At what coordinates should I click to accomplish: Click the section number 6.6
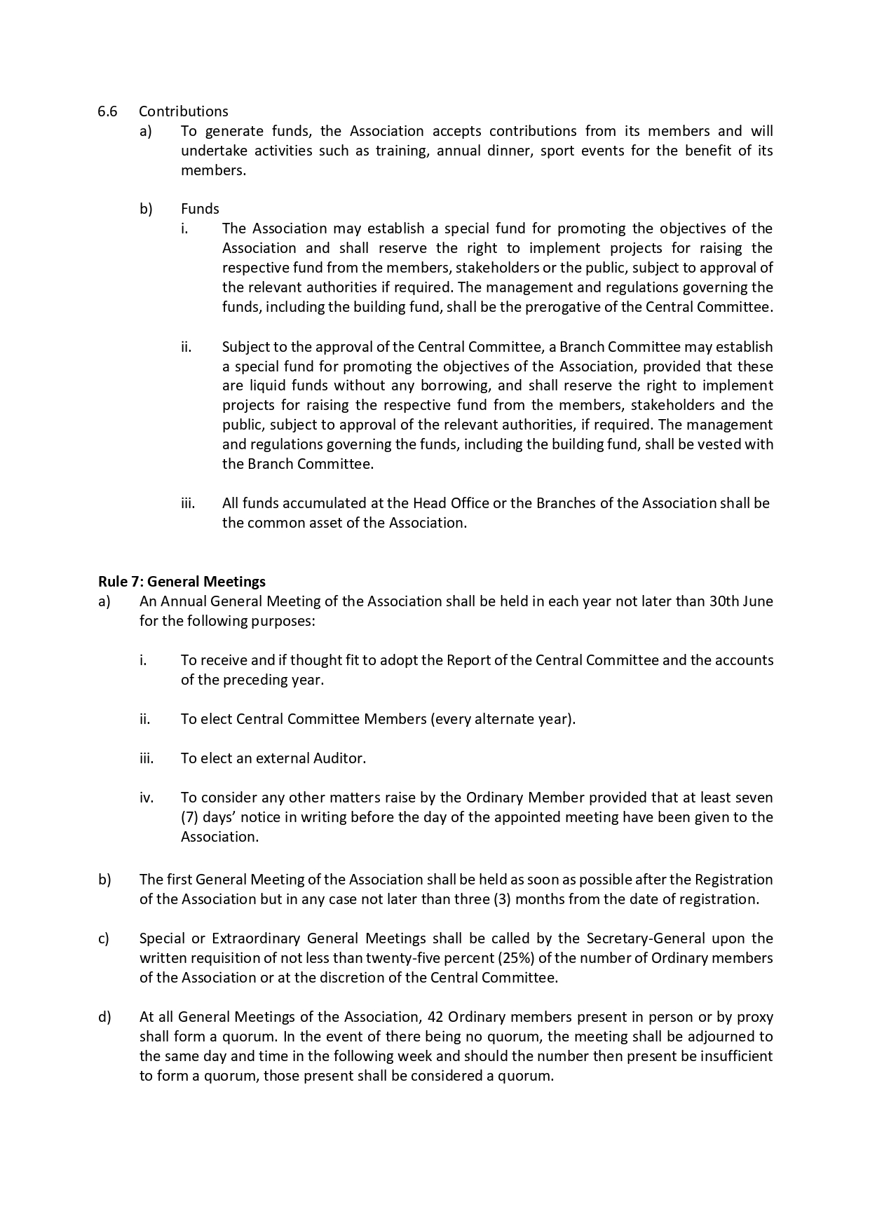pyautogui.click(x=107, y=111)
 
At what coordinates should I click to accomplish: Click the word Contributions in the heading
pyautogui.click(x=183, y=111)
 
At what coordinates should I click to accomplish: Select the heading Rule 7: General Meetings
pyautogui.click(x=182, y=581)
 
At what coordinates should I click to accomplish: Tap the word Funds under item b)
pyautogui.click(x=200, y=208)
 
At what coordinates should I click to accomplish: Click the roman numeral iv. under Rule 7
pyautogui.click(x=146, y=797)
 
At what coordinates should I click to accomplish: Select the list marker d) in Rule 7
pyautogui.click(x=104, y=1016)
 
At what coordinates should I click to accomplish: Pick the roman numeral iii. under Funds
pyautogui.click(x=187, y=503)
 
